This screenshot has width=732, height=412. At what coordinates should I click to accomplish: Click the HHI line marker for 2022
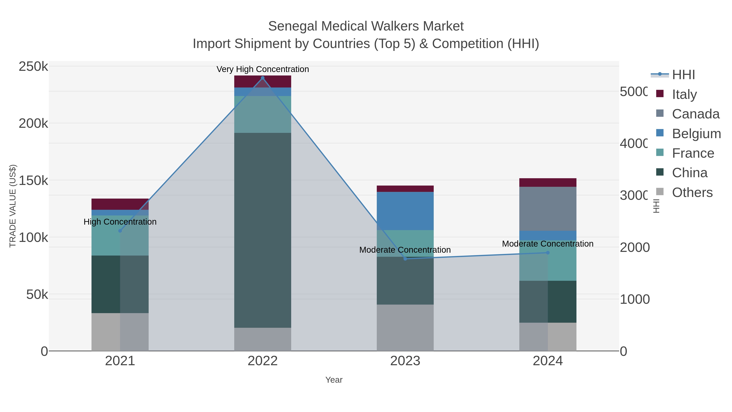[263, 78]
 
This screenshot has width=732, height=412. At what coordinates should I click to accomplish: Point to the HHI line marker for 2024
[548, 253]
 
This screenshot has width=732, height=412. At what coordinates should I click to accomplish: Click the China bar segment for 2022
[263, 230]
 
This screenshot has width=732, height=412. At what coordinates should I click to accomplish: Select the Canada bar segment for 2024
[548, 209]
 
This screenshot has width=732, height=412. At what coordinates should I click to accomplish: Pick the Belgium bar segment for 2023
[405, 211]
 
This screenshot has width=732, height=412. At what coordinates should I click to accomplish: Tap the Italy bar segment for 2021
[120, 204]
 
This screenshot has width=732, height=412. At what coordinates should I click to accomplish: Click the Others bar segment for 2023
[405, 328]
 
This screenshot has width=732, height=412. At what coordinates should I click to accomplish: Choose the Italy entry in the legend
[684, 94]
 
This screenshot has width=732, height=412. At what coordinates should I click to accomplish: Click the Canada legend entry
[695, 114]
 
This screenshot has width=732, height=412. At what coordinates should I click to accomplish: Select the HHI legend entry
[683, 74]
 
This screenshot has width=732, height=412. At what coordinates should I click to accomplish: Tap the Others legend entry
[692, 192]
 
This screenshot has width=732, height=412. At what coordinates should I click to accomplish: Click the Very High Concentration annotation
[263, 69]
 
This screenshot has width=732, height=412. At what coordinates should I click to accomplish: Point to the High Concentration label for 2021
[120, 222]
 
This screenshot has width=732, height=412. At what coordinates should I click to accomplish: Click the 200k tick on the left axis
[33, 124]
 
